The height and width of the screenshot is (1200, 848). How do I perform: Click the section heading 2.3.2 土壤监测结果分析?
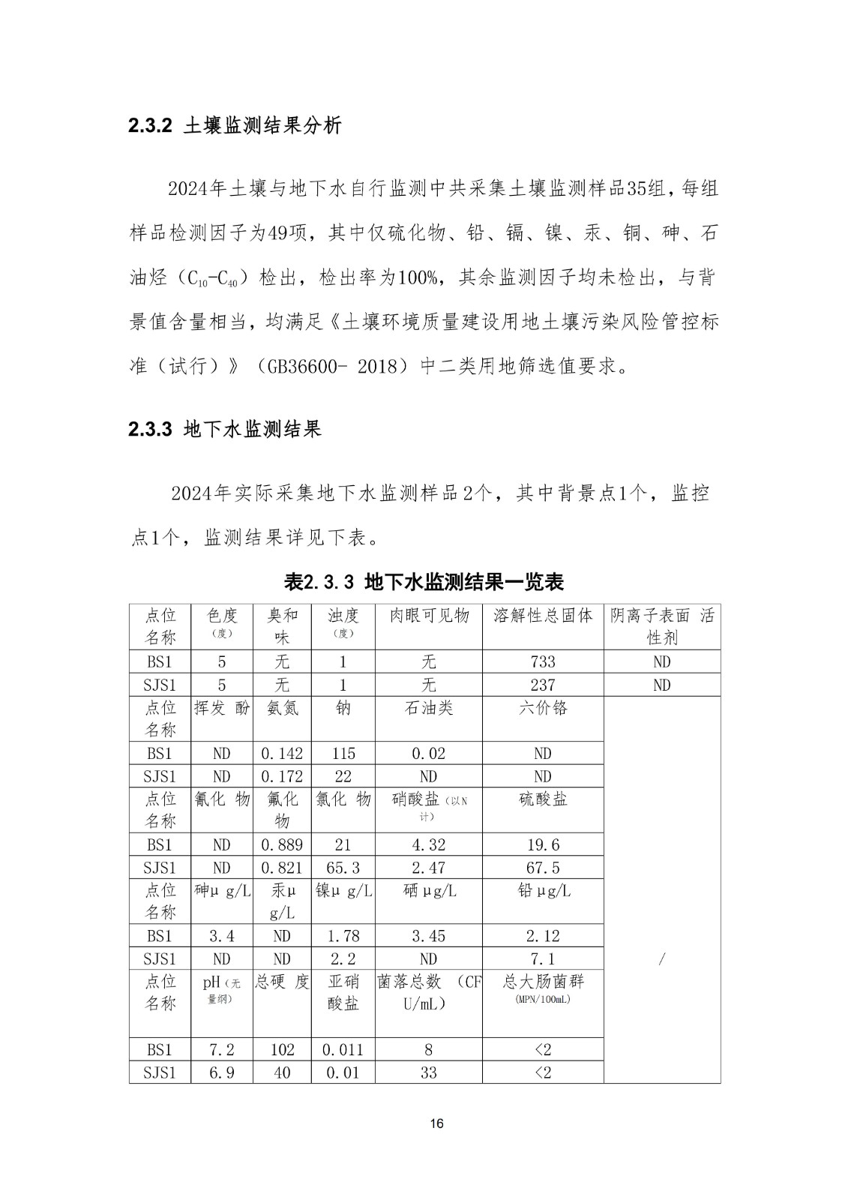click(x=235, y=125)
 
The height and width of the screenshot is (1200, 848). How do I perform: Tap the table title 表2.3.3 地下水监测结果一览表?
click(x=424, y=581)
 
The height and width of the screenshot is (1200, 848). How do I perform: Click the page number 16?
click(x=438, y=1123)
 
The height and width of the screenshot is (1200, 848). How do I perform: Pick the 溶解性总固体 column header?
click(x=543, y=616)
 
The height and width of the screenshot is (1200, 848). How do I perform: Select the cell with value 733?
click(x=543, y=661)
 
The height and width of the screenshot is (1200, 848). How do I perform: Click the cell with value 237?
click(x=543, y=685)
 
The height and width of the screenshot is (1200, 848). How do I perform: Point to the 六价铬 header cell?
click(x=543, y=708)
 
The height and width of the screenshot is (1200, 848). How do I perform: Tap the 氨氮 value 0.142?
click(x=282, y=754)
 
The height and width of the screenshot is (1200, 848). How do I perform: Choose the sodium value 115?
click(x=343, y=754)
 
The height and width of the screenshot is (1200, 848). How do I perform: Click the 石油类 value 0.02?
click(x=428, y=754)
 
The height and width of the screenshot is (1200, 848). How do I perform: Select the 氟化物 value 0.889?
click(x=282, y=845)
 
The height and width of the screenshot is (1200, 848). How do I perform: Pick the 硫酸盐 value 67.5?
click(x=543, y=868)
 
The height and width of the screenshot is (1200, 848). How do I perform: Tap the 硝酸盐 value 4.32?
click(x=428, y=845)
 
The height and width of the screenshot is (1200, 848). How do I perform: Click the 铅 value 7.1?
click(x=543, y=959)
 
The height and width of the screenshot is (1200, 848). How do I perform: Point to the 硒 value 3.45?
click(x=428, y=936)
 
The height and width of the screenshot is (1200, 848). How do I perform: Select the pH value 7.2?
click(x=221, y=1050)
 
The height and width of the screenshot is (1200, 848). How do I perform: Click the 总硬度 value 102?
click(x=282, y=1050)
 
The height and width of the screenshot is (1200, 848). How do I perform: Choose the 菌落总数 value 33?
click(x=428, y=1072)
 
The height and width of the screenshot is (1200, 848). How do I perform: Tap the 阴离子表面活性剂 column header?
click(x=661, y=626)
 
